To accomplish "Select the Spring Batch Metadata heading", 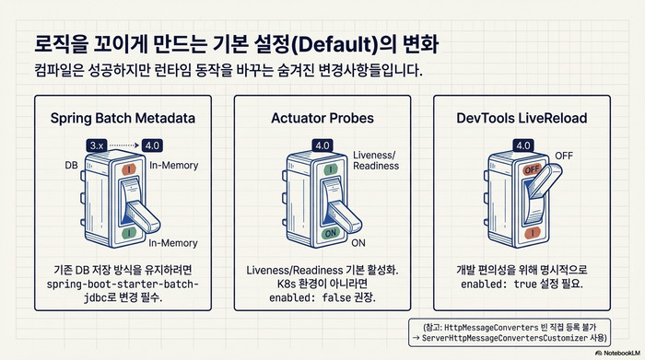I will [x=122, y=119].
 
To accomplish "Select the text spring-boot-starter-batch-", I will [x=123, y=285].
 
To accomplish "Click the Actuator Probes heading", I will [x=322, y=119].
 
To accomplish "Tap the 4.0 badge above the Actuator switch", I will [x=322, y=145].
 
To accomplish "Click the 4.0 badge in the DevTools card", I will [x=522, y=145].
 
